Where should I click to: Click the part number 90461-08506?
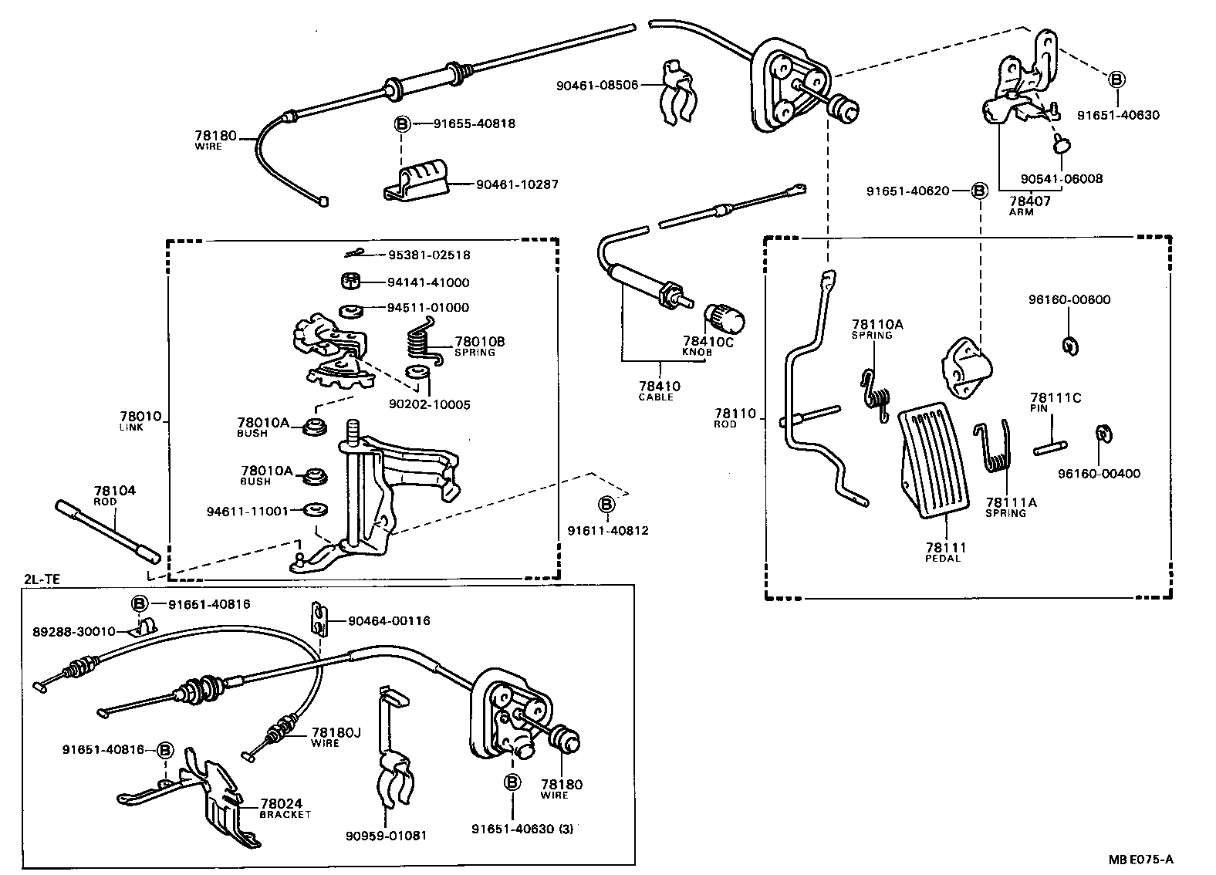[596, 85]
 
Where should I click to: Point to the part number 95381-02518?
[428, 255]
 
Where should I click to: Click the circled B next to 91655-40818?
[402, 123]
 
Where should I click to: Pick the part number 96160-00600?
[1069, 299]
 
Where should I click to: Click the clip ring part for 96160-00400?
[1103, 434]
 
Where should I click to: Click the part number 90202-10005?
[430, 404]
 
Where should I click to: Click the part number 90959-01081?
[386, 835]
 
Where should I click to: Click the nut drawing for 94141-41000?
[352, 281]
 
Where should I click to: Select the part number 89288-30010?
[73, 631]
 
